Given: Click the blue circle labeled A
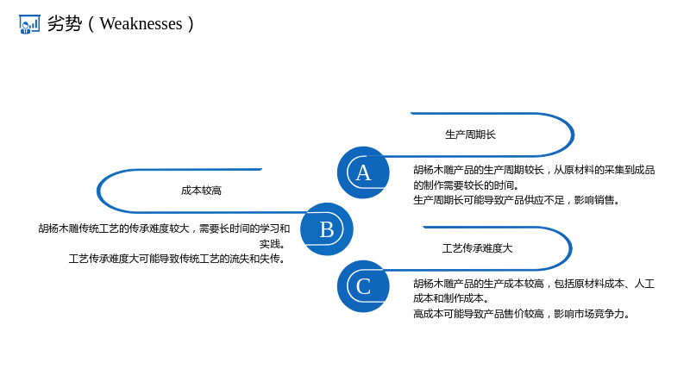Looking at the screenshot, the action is [x=363, y=172].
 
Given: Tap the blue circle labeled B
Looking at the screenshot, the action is [x=327, y=229].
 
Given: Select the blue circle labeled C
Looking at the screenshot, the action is [x=363, y=286].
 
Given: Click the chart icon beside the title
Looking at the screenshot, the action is [x=29, y=24].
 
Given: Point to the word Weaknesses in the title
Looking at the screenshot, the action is [x=141, y=24].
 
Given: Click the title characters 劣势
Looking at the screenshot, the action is [x=64, y=24].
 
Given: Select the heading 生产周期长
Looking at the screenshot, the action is [x=470, y=135].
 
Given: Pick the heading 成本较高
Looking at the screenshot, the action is [x=201, y=191].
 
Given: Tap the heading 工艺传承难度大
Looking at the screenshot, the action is [x=478, y=248].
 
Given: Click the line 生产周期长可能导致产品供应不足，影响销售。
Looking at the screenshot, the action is [x=517, y=200].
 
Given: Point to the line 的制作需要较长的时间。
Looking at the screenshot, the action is [x=467, y=185].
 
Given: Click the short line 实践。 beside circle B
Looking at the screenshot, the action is [x=273, y=244].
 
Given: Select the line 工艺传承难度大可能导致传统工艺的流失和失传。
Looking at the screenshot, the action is [x=178, y=259].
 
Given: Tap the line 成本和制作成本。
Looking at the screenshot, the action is [x=451, y=298].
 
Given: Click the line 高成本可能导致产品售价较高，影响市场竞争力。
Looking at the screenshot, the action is [x=522, y=314].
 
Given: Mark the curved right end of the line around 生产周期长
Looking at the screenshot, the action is [x=573, y=135].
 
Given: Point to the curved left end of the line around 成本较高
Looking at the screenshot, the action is [x=97, y=191].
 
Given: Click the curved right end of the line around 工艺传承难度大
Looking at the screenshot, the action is [x=571, y=248].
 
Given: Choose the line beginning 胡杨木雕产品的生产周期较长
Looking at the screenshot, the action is [x=534, y=170].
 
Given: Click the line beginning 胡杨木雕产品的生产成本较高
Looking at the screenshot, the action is [x=534, y=284].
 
